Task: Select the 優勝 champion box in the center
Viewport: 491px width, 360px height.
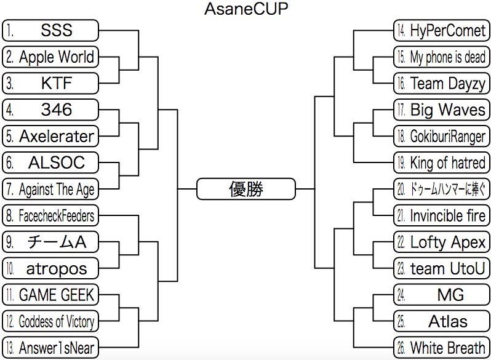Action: [245, 189]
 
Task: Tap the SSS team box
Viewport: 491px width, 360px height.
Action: [50, 30]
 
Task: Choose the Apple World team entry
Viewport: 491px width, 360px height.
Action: [50, 57]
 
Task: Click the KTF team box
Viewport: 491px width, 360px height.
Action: [50, 82]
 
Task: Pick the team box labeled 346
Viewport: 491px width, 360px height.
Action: [50, 110]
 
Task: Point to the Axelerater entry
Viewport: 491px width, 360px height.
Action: [50, 136]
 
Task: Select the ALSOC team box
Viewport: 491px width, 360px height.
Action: [50, 162]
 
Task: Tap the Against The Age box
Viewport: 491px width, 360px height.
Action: [50, 189]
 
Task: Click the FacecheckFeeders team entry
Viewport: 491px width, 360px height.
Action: [50, 215]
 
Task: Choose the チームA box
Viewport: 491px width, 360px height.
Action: [50, 242]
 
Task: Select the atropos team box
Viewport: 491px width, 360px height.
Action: [50, 268]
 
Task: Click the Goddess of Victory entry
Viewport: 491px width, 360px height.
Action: [50, 321]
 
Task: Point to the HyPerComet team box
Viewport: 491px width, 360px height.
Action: [441, 30]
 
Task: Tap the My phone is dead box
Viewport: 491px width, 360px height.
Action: [441, 57]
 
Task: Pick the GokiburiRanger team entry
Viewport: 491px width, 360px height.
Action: [441, 136]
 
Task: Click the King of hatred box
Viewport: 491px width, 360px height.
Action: [441, 162]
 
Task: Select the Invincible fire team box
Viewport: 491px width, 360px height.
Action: [441, 215]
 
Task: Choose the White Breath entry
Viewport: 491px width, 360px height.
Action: [441, 348]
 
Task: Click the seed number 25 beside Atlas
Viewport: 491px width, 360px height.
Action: [401, 321]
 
